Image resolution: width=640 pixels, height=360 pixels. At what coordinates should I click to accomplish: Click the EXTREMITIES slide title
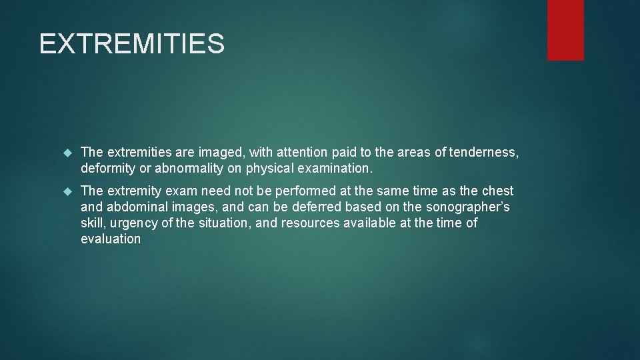coord(132,44)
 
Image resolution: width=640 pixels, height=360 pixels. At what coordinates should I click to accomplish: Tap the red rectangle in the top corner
coord(565,29)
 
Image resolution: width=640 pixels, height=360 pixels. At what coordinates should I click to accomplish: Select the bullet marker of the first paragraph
coord(67,153)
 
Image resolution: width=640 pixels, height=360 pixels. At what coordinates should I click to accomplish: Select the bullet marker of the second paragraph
coord(67,191)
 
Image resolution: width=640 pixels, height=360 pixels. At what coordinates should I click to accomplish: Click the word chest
coord(497,191)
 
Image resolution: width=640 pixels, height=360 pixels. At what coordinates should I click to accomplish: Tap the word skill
coord(92,223)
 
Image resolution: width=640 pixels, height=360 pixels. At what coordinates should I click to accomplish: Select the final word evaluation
coord(111,239)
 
